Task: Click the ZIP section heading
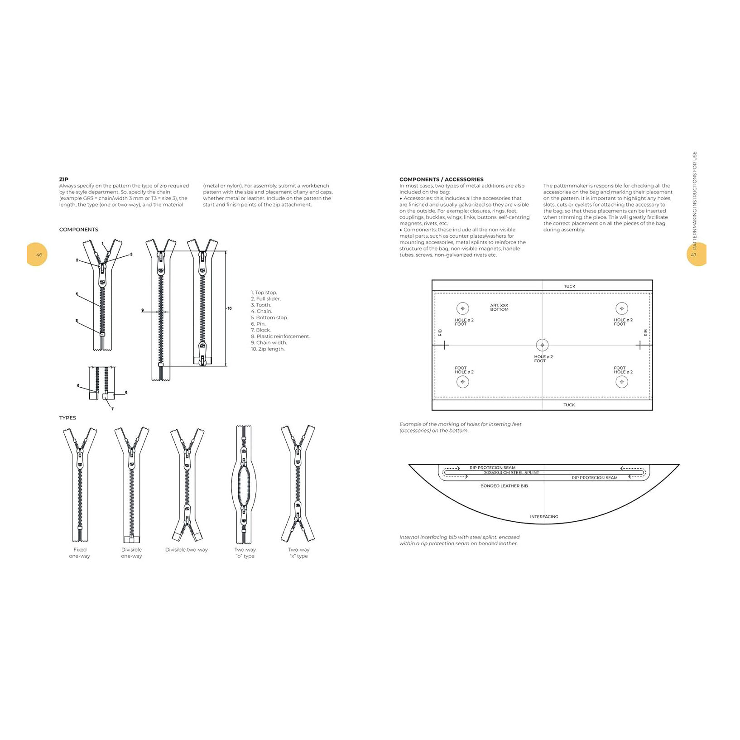[64, 179]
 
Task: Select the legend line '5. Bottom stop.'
[269, 317]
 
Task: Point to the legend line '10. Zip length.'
[268, 349]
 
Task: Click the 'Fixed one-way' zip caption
[80, 553]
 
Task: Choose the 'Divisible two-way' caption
[186, 550]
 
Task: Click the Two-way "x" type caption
[299, 553]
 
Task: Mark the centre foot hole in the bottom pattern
[542, 345]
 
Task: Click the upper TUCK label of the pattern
[569, 286]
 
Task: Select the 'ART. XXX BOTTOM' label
[499, 308]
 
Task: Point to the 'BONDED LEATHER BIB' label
[504, 486]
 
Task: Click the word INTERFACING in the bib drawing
[544, 517]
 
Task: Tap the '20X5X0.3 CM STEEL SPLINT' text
[511, 472]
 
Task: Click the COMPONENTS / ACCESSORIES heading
[441, 179]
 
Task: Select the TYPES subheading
[67, 418]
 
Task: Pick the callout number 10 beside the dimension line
[230, 308]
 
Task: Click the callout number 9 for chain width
[143, 310]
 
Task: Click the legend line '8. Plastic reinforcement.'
[280, 336]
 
